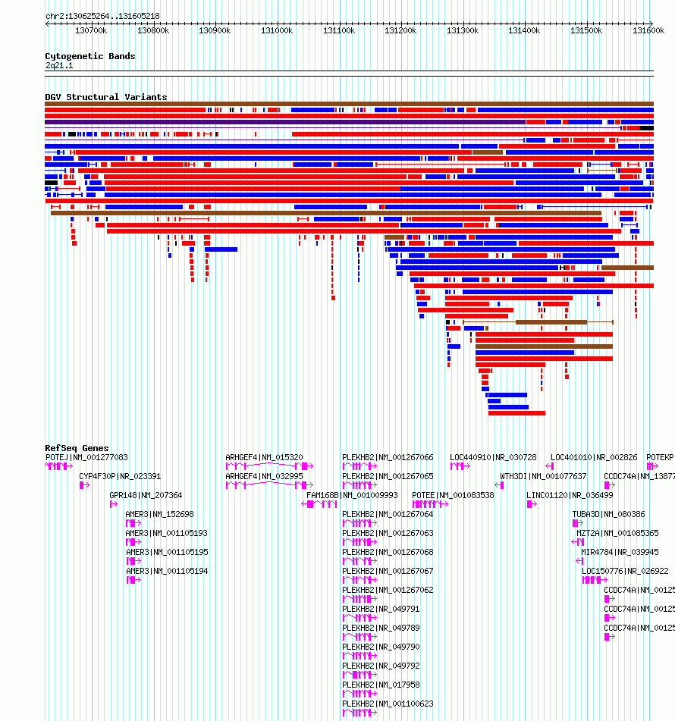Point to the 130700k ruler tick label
pos(91,31)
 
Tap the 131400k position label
pos(524,31)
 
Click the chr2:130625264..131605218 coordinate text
pos(102,16)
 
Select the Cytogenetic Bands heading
pos(90,56)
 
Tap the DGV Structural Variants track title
pos(106,97)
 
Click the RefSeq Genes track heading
pos(77,448)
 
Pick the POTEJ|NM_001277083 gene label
pos(86,457)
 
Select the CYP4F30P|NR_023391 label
pos(120,476)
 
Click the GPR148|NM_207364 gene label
pos(146,495)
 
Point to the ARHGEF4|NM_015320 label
pos(264,457)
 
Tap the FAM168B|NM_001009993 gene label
pos(352,495)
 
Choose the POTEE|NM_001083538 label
pos(453,495)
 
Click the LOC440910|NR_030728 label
pos(493,457)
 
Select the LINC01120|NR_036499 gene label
pos(570,495)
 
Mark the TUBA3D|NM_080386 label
pos(608,514)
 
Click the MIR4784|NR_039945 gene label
pos(620,552)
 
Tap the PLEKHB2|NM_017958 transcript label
pos(381,685)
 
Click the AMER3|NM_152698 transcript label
pos(159,514)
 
